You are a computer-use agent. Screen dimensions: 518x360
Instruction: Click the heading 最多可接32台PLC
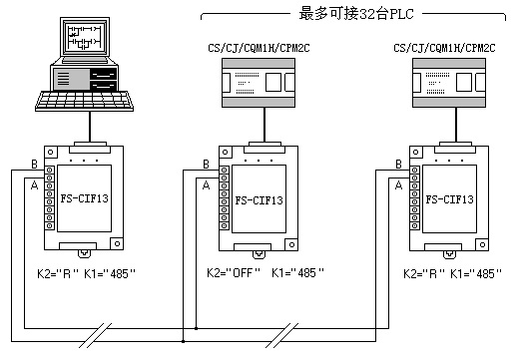(356, 14)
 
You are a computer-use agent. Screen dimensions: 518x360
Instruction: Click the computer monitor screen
(85, 37)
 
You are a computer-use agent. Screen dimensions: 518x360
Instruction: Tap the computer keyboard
(84, 101)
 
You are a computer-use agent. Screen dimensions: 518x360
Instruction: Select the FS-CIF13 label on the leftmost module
(85, 198)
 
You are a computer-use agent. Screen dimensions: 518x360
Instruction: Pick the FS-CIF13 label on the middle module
(259, 200)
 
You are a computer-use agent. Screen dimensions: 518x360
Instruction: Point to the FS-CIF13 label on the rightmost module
(449, 199)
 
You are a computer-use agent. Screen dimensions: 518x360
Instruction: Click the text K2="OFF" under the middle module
(234, 273)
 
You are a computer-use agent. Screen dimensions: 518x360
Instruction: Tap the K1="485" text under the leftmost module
(110, 274)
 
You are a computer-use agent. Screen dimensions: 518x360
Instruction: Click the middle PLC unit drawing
(259, 83)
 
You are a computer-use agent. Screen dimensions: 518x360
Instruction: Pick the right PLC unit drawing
(449, 83)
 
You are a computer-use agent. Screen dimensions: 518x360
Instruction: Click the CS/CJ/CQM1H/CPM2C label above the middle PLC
(259, 48)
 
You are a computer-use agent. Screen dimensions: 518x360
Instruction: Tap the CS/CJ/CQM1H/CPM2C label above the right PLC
(444, 48)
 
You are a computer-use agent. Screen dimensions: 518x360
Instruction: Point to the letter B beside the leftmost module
(34, 165)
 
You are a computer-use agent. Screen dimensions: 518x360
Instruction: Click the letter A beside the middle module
(207, 185)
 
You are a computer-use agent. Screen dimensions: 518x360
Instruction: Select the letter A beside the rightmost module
(398, 185)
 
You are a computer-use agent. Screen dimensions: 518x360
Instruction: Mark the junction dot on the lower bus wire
(183, 341)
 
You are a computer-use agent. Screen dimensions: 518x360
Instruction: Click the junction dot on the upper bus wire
(196, 328)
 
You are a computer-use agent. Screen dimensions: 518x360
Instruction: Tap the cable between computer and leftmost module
(90, 127)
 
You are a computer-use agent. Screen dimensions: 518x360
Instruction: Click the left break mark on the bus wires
(95, 335)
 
